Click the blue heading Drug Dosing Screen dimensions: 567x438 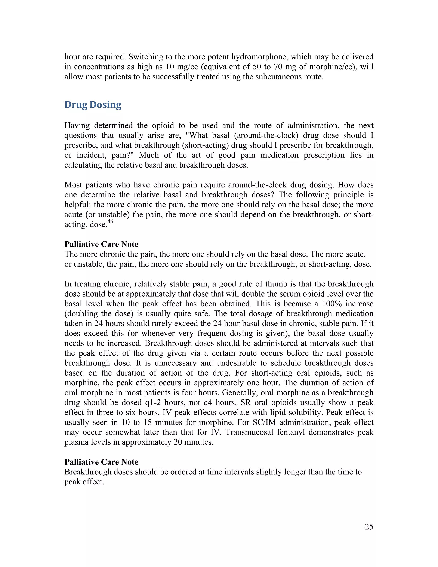pos(93,105)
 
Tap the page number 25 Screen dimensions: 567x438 pos(369,527)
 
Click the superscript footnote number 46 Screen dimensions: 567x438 pos(110,221)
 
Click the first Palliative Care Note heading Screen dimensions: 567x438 pos(101,244)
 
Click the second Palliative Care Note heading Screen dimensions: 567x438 pos(101,462)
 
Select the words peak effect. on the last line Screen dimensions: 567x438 pos(84,482)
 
